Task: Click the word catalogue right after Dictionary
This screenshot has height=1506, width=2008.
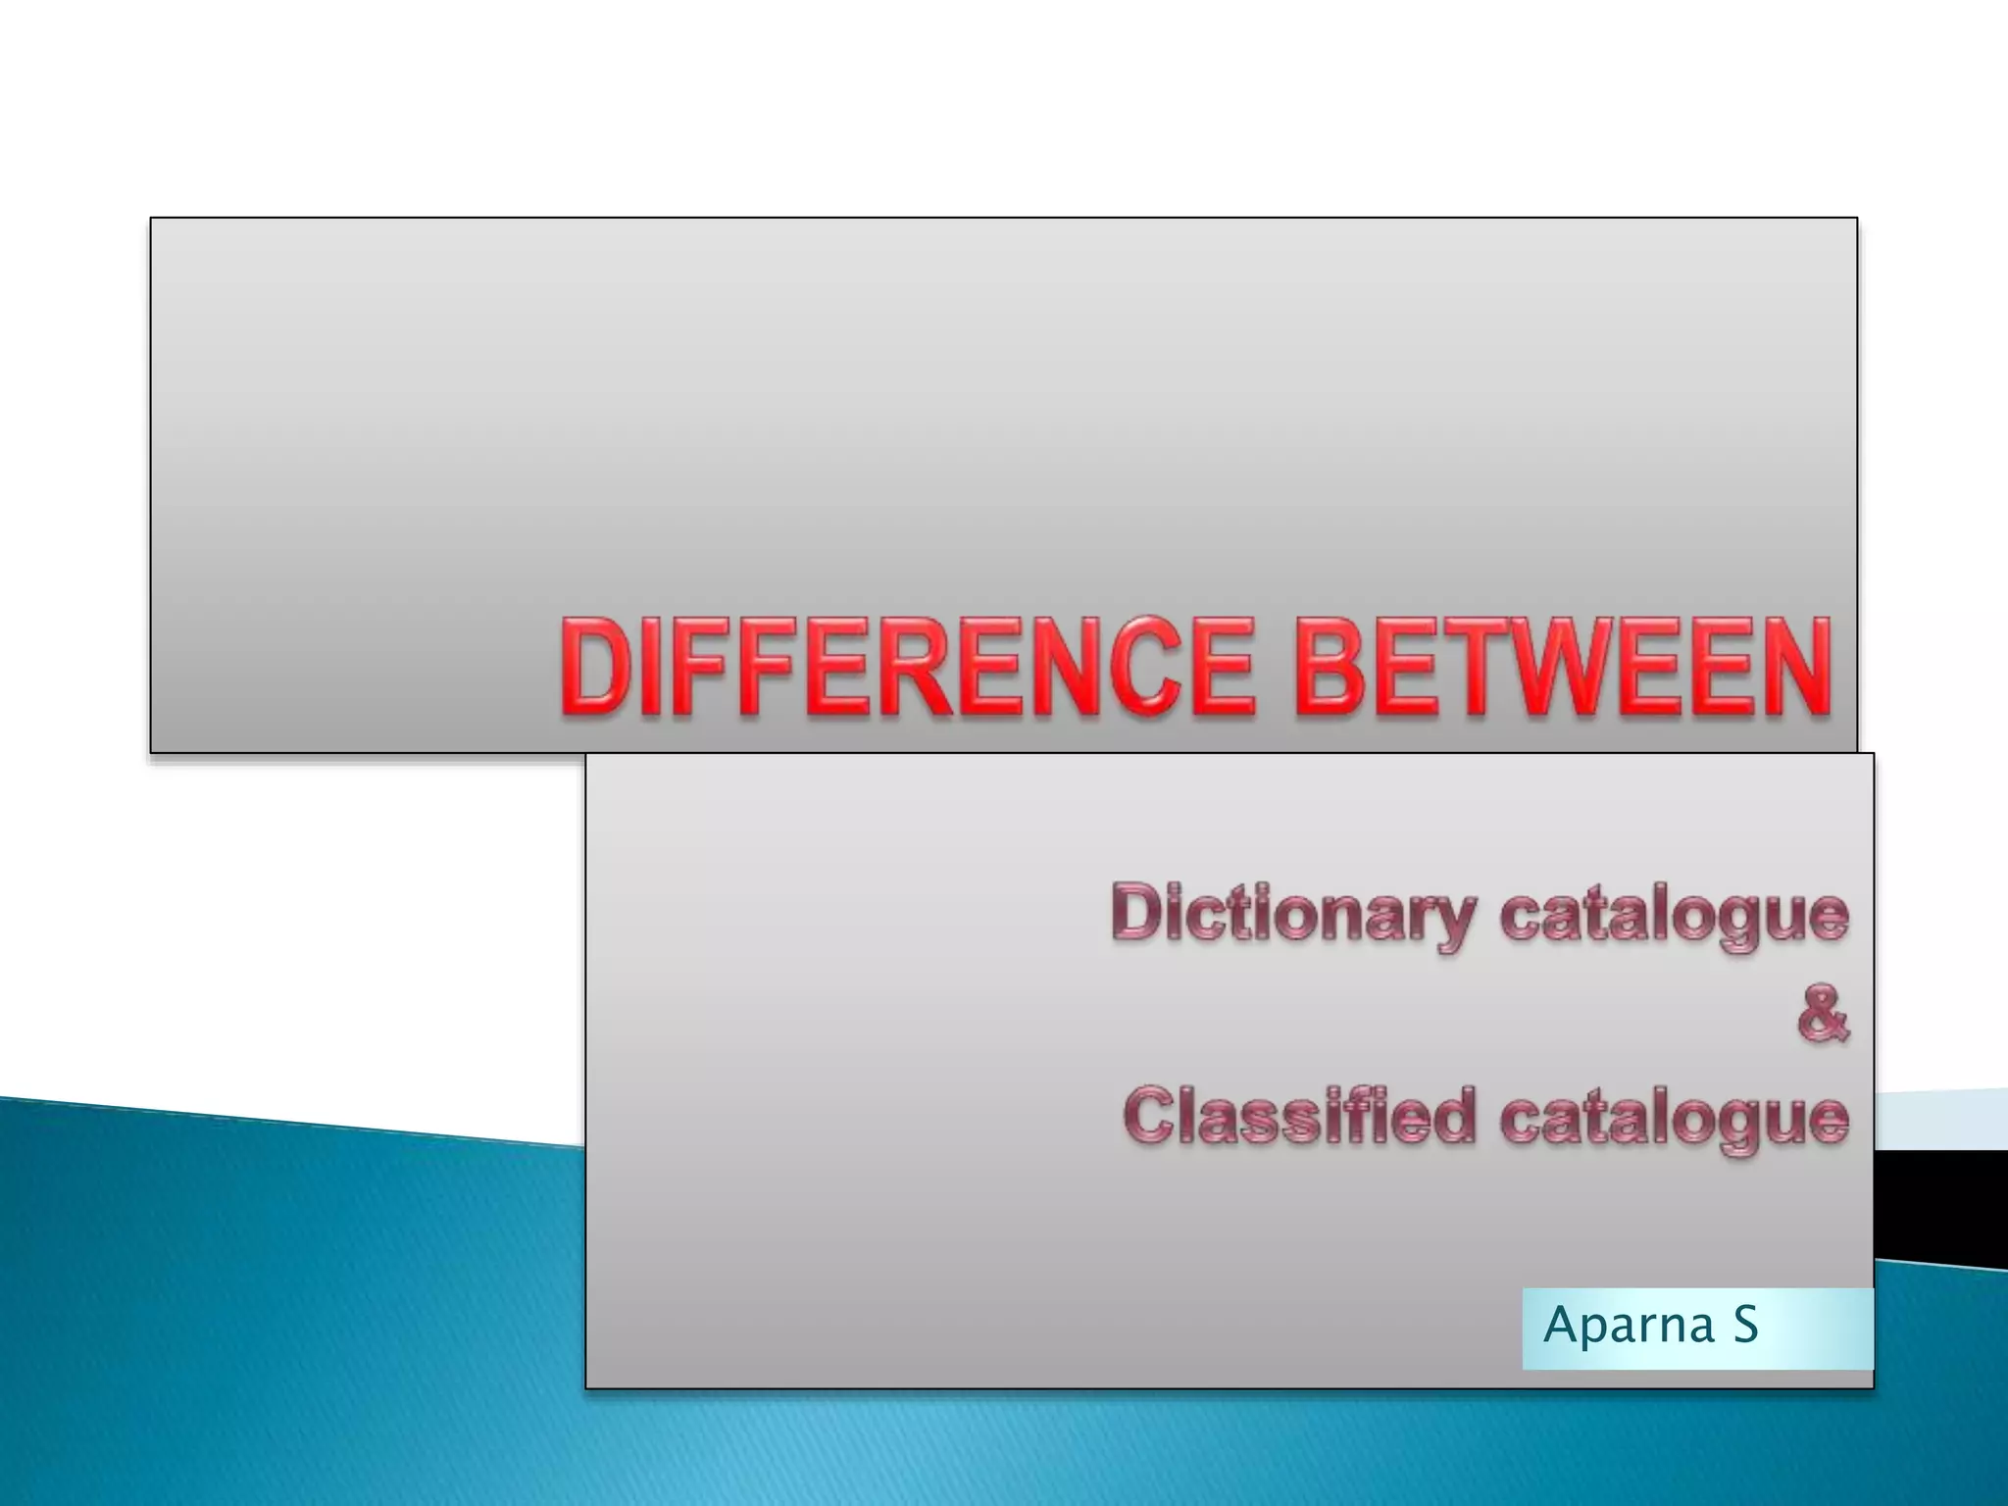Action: coord(1674,916)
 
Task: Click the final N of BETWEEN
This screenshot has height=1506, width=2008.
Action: coord(1794,667)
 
